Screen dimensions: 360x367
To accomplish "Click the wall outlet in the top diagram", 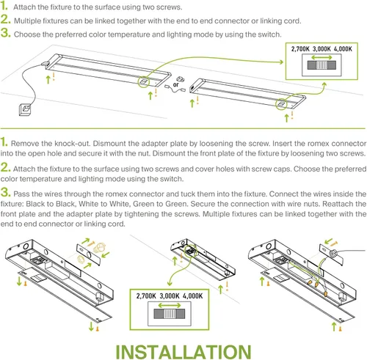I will (27, 109).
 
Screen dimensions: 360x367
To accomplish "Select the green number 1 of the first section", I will (4, 6).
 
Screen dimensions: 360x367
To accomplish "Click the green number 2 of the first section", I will (5, 20).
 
